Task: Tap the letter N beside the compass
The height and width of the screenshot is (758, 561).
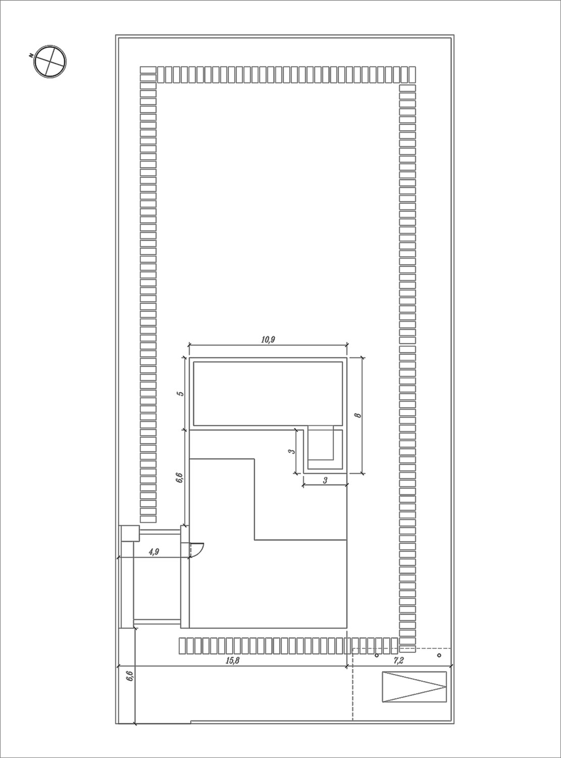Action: (31, 55)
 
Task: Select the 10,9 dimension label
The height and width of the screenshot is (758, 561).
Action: (268, 340)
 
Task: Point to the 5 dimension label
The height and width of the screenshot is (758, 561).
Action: (181, 393)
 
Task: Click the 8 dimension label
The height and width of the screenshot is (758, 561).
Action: (358, 415)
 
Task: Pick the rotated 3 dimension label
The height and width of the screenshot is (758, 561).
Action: (291, 451)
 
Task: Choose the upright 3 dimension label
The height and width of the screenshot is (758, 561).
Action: (325, 480)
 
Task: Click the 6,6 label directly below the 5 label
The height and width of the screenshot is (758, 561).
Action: (180, 477)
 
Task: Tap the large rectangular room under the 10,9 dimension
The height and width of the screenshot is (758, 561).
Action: (268, 393)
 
